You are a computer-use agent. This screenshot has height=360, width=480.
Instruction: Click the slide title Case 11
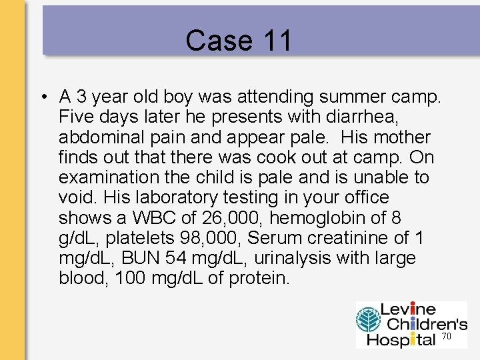[239, 41]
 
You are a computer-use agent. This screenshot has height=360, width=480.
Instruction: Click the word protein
[259, 278]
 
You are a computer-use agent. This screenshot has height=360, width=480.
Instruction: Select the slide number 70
[447, 337]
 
